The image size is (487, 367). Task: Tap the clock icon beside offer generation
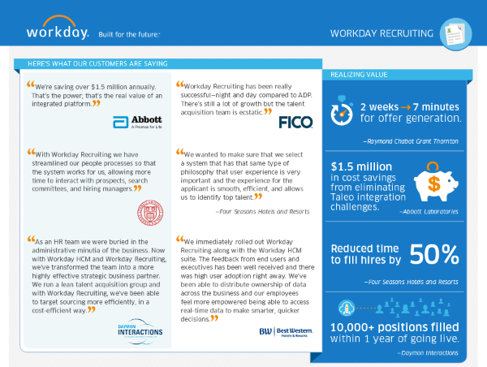click(343, 110)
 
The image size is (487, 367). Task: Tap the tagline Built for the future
click(128, 34)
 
